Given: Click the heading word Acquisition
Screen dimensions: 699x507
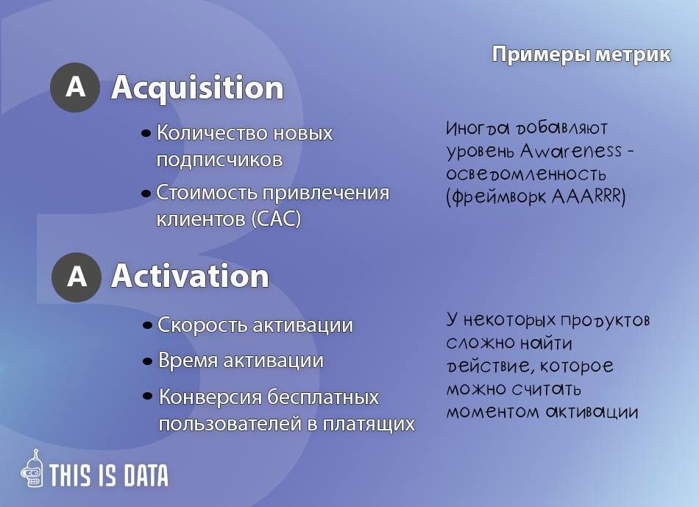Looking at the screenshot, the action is coord(197,88).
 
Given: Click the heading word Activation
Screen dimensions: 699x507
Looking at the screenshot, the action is coord(191,276).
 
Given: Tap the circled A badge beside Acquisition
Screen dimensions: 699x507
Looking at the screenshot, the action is coord(75,87).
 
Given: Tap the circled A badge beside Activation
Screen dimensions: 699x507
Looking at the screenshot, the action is coord(77,277).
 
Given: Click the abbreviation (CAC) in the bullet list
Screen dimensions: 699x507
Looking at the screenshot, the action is coord(276,219).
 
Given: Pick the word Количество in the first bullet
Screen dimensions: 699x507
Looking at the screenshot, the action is coord(212,133).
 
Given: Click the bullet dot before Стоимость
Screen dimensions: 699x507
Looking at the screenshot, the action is coord(146,194).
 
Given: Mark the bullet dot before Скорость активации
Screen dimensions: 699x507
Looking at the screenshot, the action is coord(148,325).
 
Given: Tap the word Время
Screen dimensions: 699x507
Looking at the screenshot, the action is coord(188,361).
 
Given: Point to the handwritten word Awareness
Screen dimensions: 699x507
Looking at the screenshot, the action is coord(571,151).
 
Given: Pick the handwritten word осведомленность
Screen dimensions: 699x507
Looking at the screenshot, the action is coord(526,174).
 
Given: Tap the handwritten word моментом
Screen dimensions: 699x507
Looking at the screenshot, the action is coord(493,411).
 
